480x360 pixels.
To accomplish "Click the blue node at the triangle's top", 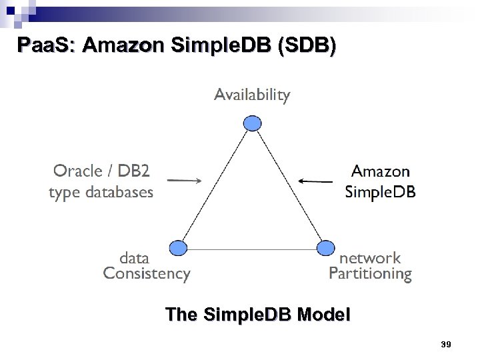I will [252, 123].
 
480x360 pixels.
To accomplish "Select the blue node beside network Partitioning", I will [325, 248].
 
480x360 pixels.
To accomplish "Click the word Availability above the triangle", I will [252, 95].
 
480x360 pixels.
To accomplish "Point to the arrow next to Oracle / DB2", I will [183, 180].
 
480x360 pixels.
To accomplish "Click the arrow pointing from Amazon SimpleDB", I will [315, 180].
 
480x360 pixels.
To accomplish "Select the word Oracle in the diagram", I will [78, 171].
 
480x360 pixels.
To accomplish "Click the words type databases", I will [101, 193].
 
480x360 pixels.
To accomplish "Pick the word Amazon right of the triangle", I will [381, 171].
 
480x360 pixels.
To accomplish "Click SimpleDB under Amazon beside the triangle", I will [380, 193].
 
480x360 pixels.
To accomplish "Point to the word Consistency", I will [147, 273].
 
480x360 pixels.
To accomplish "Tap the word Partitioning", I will [370, 273].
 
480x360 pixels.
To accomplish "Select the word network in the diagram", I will [370, 258].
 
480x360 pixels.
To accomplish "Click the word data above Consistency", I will [134, 258].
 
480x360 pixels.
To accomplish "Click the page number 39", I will [446, 344].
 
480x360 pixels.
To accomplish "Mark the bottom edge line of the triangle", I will [251, 249].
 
